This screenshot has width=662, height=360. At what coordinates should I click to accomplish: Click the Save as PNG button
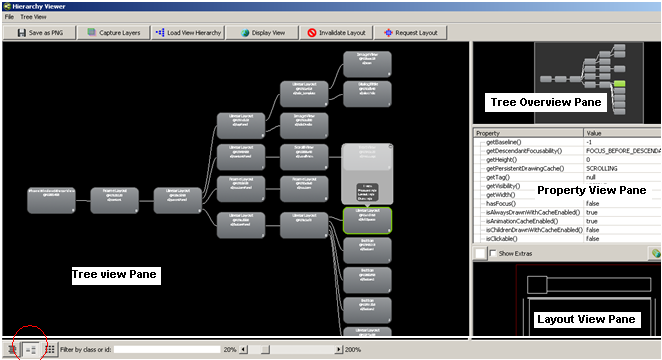40,32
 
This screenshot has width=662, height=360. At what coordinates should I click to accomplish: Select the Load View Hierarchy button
189,32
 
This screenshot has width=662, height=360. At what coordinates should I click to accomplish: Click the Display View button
263,32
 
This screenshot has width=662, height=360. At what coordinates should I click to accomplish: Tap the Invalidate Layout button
335,32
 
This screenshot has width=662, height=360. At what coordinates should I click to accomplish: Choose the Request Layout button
410,32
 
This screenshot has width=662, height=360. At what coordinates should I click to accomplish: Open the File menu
9,17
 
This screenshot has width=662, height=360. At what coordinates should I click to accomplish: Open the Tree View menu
34,17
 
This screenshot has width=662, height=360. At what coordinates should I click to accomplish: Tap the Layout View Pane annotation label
585,319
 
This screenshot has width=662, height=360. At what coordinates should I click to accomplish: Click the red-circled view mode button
30,349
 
